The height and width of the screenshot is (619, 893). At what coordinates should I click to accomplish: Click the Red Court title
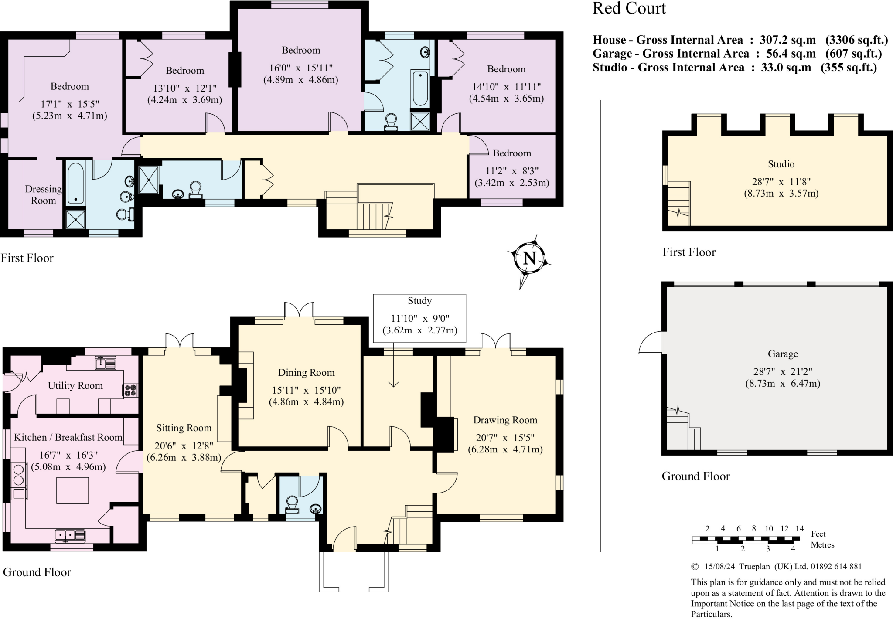coord(629,8)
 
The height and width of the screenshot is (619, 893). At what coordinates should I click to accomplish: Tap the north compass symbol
coord(529,259)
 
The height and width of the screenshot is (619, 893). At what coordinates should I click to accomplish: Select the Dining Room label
coord(306,373)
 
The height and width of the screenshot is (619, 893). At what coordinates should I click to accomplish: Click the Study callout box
coord(419,318)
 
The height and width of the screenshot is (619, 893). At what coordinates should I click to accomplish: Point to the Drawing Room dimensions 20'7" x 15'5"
coord(505,438)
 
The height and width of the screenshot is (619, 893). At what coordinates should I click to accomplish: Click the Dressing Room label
coord(43,195)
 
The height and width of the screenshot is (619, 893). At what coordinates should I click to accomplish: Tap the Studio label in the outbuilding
coord(781,164)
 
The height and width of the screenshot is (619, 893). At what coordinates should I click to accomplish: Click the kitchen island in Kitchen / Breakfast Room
coord(72,490)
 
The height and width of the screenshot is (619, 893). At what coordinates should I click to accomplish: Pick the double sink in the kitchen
coord(71,535)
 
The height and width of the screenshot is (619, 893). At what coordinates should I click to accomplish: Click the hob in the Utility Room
coord(130,390)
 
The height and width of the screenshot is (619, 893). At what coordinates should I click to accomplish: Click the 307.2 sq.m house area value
coord(787,40)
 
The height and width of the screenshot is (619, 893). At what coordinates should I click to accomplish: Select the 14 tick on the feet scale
coord(799,529)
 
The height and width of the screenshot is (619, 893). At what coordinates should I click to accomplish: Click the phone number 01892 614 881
coord(836,567)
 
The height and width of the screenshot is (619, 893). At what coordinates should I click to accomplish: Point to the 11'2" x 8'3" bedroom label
coord(512,171)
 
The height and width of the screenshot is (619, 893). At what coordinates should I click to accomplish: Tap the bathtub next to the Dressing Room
coord(76,183)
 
